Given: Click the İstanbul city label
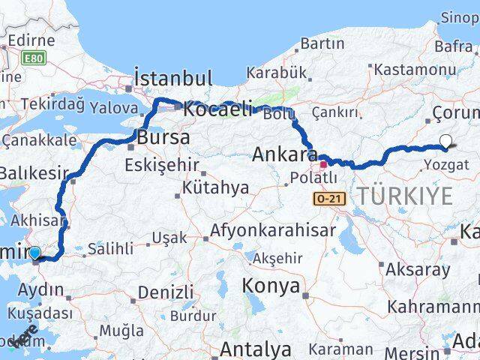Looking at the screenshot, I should click(x=172, y=78).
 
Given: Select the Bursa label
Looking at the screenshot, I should click(x=163, y=138).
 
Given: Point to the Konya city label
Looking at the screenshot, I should click(x=271, y=286).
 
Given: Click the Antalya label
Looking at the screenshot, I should click(x=256, y=349).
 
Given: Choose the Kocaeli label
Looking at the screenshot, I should click(x=218, y=109).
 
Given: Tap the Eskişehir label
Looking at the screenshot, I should click(x=162, y=164).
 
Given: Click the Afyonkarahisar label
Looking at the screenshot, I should click(x=273, y=230).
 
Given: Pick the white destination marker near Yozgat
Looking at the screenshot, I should click(x=446, y=140).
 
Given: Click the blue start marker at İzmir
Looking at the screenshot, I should click(x=34, y=253).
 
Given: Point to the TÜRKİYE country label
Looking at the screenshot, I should click(x=405, y=196).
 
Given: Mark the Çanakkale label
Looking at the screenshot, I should click(x=39, y=139).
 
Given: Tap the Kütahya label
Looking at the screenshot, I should click(x=214, y=187).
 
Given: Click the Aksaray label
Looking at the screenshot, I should click(x=418, y=268).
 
